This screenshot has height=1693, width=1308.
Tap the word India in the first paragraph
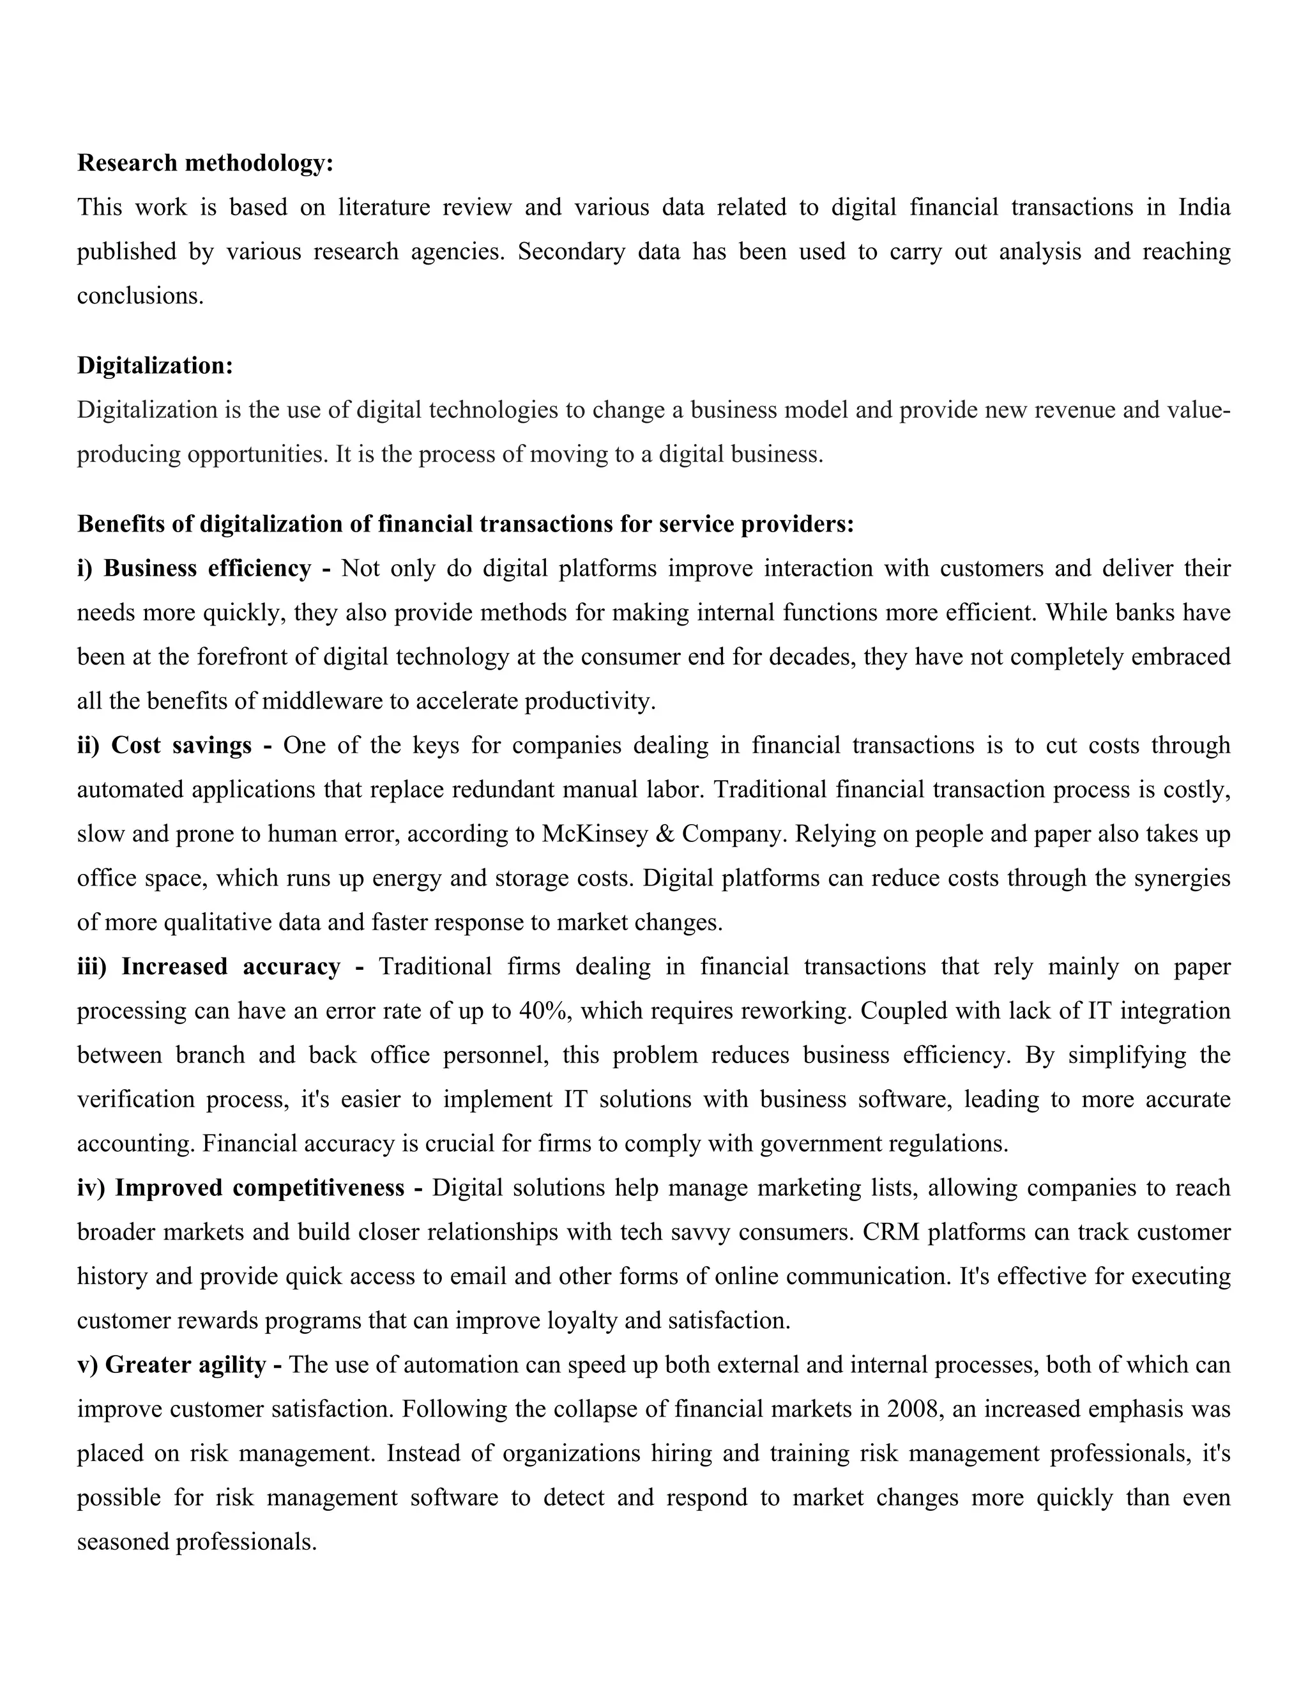tap(1204, 208)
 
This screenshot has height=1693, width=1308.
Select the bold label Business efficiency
tap(207, 569)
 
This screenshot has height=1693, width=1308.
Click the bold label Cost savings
tap(181, 746)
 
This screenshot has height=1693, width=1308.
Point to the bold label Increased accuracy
tap(230, 967)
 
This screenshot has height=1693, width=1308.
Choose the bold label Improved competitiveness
tap(259, 1188)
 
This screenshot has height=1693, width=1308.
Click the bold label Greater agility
tap(185, 1365)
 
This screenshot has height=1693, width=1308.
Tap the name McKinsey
tap(585, 834)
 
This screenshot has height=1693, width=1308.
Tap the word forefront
tap(247, 657)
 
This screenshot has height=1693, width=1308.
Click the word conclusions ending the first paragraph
tap(139, 296)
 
